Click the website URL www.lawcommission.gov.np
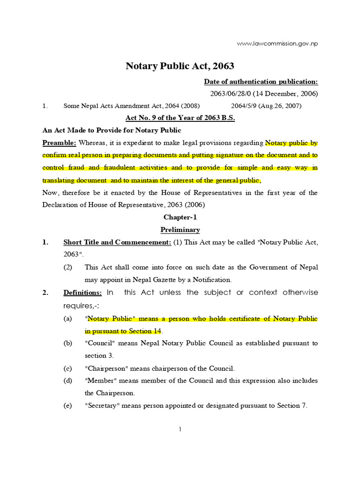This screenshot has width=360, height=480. (277, 44)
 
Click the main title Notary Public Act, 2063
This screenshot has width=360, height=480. (180, 66)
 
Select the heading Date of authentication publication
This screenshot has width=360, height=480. (261, 82)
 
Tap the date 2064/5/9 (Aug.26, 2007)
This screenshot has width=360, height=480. (266, 106)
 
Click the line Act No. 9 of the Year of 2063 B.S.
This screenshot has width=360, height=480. (180, 118)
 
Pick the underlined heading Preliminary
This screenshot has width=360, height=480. (180, 230)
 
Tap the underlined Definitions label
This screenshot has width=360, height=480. (82, 292)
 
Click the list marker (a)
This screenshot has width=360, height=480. (68, 319)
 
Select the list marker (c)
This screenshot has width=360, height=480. (68, 368)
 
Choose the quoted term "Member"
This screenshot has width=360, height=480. (100, 381)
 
